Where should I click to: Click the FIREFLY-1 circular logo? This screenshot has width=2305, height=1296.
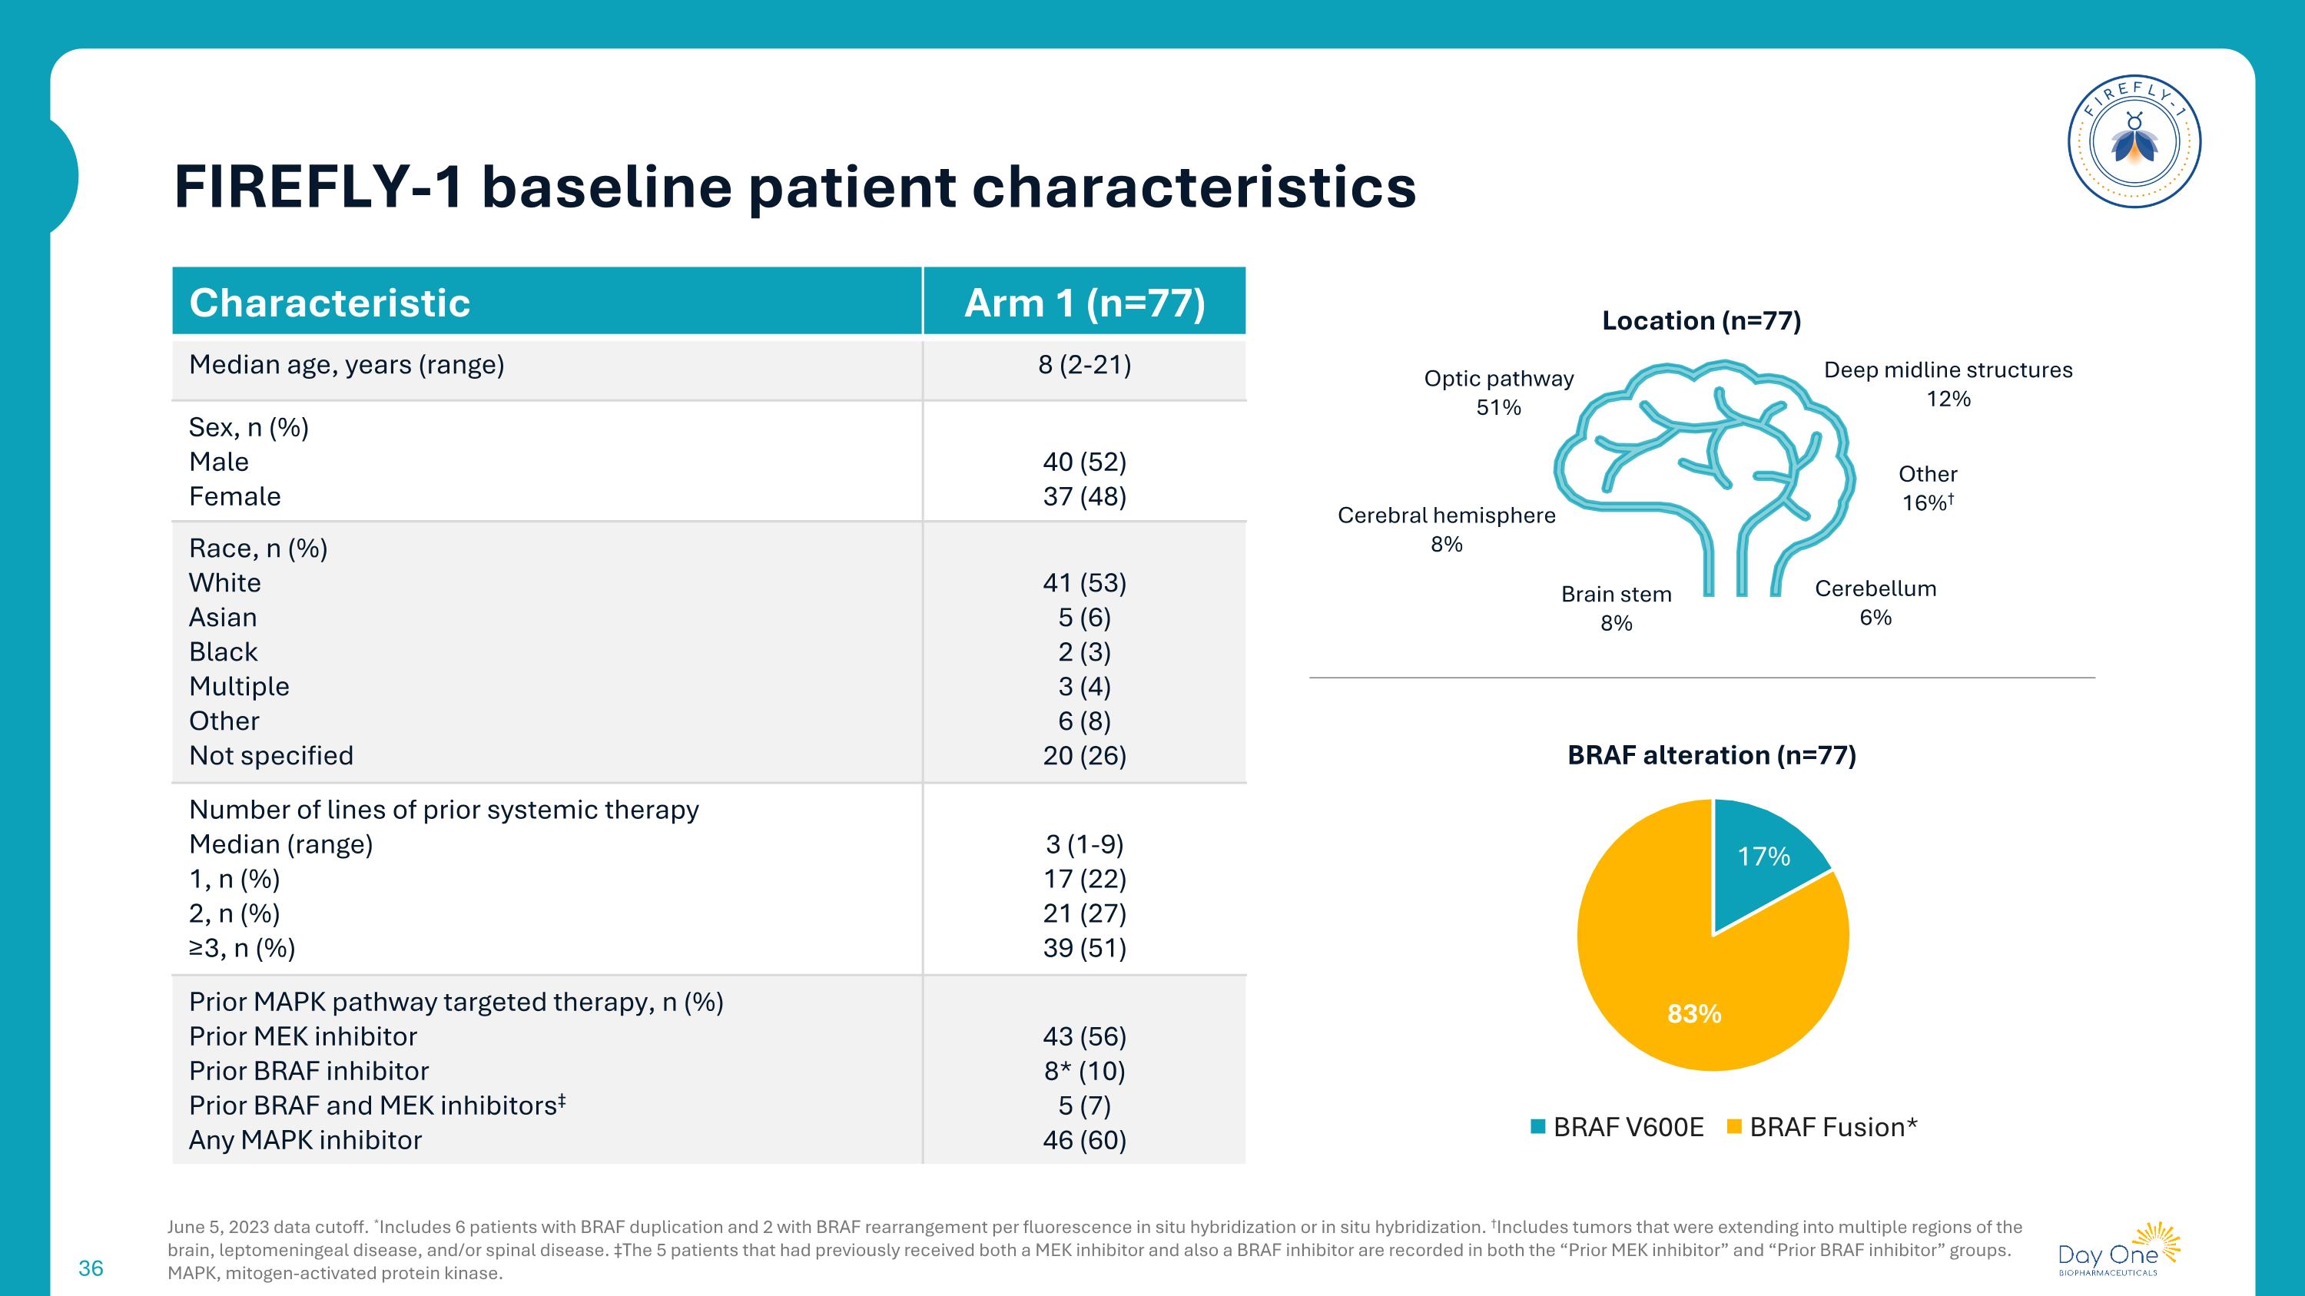click(2134, 141)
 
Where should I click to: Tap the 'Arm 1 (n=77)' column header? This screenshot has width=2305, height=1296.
click(1084, 303)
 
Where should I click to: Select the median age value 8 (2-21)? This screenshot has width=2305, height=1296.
click(1084, 365)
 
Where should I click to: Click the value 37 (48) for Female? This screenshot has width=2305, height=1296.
click(1084, 496)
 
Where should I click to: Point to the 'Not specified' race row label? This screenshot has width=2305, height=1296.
click(271, 756)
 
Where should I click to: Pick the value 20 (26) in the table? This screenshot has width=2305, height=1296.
click(1084, 756)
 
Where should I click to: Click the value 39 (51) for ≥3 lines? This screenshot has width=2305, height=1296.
click(1084, 948)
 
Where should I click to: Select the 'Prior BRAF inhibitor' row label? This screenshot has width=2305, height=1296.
click(309, 1071)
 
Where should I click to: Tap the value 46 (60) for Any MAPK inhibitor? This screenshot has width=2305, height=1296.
click(1084, 1140)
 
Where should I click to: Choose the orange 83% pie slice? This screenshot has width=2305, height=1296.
click(1682, 993)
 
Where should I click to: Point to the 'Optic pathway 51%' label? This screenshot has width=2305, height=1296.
click(1499, 393)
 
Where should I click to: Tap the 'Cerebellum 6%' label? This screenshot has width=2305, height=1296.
click(1876, 603)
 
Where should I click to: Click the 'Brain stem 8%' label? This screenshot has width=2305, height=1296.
click(1616, 608)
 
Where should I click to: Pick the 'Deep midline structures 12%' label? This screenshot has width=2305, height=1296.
click(1948, 383)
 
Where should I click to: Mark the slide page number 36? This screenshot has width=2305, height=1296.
click(91, 1268)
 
